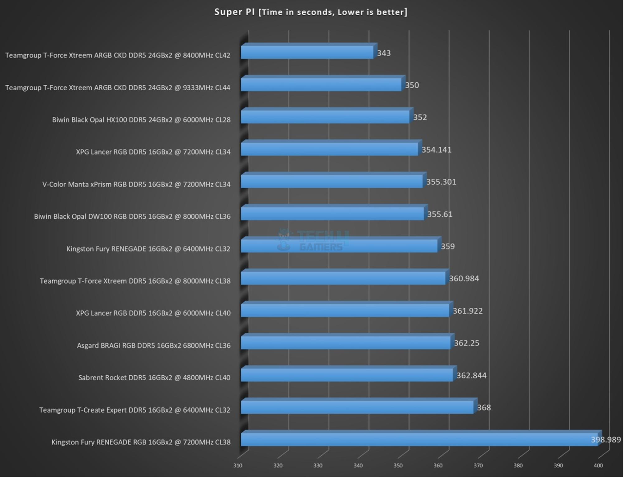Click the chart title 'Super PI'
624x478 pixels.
point(311,12)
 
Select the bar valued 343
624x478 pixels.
point(307,53)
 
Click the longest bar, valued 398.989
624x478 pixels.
point(419,439)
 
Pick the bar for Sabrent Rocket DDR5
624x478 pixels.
point(347,375)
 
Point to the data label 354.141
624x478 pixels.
point(436,150)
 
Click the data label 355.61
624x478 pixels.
point(440,214)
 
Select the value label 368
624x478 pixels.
point(484,407)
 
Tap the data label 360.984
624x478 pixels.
point(464,279)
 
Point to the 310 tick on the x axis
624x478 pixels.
point(238,466)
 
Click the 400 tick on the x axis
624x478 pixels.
point(598,466)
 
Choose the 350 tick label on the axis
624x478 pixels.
point(398,466)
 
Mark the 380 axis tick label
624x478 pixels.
point(518,466)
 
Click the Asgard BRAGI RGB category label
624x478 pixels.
point(154,345)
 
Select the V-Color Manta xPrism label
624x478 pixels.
point(136,184)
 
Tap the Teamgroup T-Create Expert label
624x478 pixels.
point(135,410)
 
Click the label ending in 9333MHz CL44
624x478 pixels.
point(118,88)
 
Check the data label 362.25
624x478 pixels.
point(466,343)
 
